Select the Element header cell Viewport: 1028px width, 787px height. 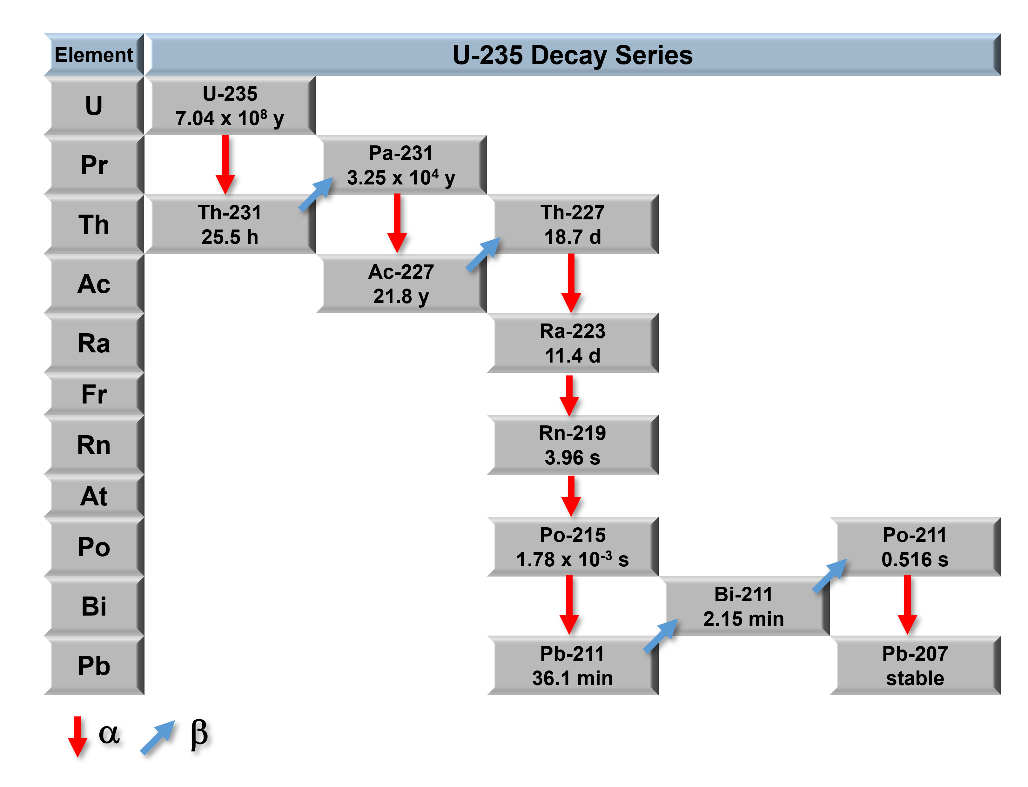click(94, 55)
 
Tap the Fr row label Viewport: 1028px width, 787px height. click(94, 394)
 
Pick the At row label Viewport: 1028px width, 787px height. click(94, 496)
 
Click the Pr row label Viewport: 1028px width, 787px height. click(94, 165)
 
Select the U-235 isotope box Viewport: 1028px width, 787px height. click(230, 106)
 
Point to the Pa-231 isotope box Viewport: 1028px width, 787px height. click(401, 165)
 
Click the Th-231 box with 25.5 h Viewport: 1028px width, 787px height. click(230, 224)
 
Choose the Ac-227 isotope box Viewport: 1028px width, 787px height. click(401, 284)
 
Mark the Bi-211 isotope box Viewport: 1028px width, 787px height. click(743, 606)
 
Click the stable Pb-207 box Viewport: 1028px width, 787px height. click(915, 666)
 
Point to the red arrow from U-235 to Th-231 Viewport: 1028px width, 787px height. click(225, 164)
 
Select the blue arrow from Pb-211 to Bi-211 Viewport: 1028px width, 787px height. click(661, 636)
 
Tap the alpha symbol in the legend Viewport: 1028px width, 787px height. click(109, 734)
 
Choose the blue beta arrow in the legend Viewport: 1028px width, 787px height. click(158, 737)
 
